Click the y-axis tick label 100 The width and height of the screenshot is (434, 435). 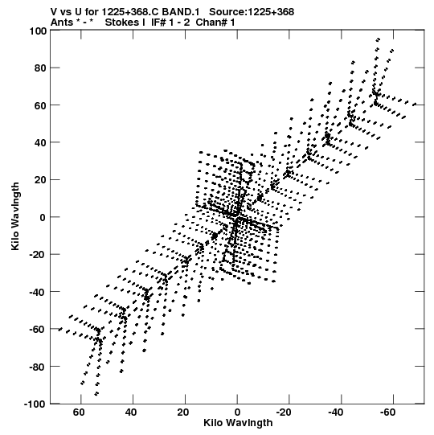tap(38, 31)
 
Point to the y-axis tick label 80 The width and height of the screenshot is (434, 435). tap(40, 68)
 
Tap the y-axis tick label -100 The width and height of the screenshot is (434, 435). tap(36, 404)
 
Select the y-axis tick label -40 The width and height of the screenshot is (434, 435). tap(38, 292)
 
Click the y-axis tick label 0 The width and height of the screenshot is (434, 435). tap(43, 217)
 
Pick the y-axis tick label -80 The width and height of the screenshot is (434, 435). tap(38, 367)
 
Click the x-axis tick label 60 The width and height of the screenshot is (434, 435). tap(79, 412)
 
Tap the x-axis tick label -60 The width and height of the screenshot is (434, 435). tap(388, 412)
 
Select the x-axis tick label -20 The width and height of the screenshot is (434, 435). tap(284, 412)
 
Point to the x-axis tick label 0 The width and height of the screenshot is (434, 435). tap(237, 412)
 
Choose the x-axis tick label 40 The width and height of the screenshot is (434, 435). tap(131, 412)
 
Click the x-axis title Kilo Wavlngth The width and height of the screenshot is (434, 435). tap(238, 423)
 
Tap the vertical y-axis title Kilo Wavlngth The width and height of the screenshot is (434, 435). tap(15, 216)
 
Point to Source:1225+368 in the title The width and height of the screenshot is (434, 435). tap(252, 12)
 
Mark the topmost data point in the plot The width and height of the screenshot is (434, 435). tap(378, 39)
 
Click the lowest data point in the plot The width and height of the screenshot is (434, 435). tap(96, 394)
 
